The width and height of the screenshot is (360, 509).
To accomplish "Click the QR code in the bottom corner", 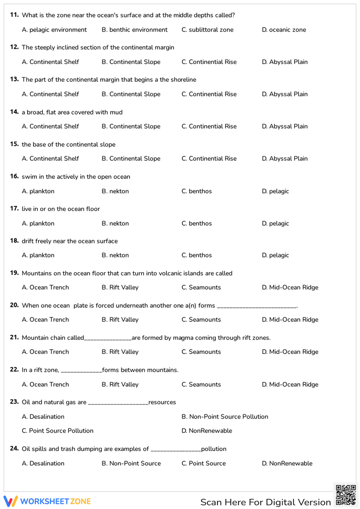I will (346, 495).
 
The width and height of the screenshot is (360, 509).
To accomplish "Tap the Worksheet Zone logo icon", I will (10, 501).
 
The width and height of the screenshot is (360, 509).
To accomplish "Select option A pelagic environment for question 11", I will (54, 30).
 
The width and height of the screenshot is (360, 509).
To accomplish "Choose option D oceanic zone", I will (284, 30).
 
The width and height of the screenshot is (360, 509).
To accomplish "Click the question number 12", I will (14, 47).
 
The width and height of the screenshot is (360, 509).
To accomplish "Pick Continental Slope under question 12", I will (131, 62).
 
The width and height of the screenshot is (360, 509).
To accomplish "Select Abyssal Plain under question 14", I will (284, 126).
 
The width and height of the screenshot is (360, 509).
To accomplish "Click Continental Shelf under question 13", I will (50, 94).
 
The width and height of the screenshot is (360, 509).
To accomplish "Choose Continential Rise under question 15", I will (209, 159).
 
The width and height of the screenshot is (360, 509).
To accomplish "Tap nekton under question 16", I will (115, 191).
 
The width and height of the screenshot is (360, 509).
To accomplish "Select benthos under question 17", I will (197, 224).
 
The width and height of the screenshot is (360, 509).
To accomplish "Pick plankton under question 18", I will (38, 255).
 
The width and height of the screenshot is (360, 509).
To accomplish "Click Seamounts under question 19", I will (201, 288).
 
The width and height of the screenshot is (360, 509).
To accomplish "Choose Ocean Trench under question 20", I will (45, 320).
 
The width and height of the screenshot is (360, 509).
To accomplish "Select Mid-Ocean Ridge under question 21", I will (290, 352).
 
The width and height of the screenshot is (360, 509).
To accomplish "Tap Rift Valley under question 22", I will (120, 384).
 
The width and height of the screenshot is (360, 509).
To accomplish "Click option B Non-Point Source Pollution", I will (225, 417).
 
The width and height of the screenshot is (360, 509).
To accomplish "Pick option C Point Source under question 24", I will (203, 464).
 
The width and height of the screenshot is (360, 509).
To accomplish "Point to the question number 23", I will (14, 402).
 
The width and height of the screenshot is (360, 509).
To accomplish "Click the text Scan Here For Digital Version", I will (265, 502).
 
